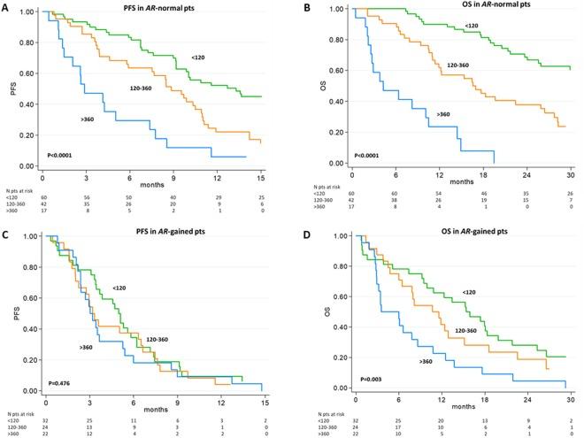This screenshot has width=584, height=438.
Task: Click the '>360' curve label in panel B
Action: tap(446, 115)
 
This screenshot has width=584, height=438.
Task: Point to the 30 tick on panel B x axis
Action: tap(568, 174)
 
